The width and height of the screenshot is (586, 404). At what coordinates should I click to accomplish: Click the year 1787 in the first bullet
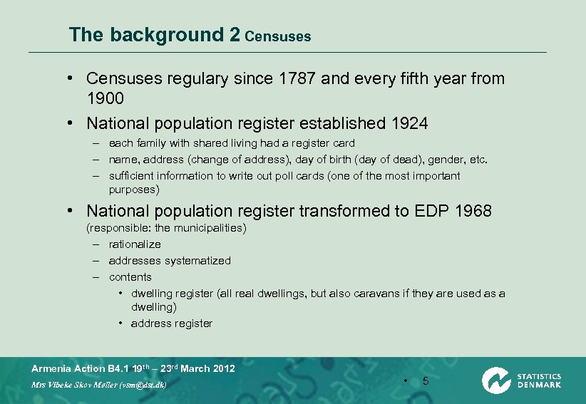pos(297,78)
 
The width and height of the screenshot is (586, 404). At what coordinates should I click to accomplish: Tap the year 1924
pos(410,123)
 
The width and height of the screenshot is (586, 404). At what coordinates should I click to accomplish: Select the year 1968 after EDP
pos(473,211)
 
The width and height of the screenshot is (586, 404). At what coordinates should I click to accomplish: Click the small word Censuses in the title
pos(277,36)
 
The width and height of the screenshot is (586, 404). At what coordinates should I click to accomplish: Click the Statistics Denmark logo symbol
pos(495,380)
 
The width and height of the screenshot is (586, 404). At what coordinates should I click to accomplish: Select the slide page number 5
pos(426,380)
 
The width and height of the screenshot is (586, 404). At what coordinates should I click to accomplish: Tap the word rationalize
pos(135,244)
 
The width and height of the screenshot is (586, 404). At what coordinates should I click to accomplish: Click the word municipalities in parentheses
pos(207,228)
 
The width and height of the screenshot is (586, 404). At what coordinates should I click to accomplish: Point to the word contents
pos(130,277)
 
